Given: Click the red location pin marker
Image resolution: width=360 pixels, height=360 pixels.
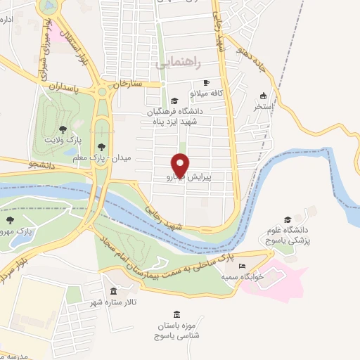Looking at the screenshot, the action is click(181, 164).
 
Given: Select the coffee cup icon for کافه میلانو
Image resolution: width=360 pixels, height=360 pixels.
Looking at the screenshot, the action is click(206, 82).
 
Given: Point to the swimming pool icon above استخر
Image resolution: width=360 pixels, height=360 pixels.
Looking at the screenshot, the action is click(263, 96).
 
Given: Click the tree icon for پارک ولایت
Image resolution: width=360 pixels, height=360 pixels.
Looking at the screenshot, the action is click(63, 129).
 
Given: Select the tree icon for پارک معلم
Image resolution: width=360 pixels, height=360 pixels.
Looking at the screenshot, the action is click(102, 147).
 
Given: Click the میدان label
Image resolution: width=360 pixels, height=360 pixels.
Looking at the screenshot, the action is click(123, 159).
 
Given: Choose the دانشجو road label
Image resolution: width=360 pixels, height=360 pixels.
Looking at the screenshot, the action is click(41, 166).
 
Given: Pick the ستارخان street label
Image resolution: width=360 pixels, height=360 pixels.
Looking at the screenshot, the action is click(128, 83).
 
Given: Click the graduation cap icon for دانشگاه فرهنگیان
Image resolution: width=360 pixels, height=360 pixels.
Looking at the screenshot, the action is click(174, 101).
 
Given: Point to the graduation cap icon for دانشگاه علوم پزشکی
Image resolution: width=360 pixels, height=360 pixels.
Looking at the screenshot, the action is click(286, 219).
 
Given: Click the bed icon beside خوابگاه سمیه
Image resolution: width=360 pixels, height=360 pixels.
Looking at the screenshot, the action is click(243, 267).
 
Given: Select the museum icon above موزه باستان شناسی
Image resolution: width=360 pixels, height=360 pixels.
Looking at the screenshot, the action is click(176, 314).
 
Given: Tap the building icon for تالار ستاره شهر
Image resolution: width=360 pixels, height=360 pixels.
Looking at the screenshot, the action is click(113, 291).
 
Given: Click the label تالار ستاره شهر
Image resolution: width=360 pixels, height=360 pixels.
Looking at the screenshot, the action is click(117, 303).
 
